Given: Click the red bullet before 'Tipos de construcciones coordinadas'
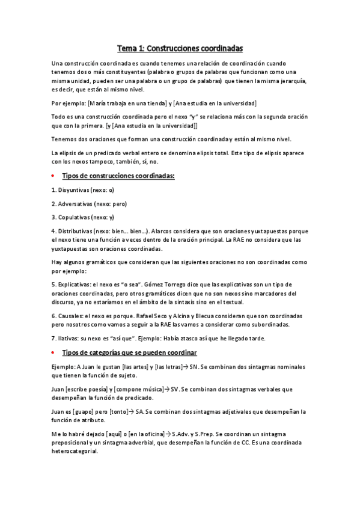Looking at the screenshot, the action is [53, 176].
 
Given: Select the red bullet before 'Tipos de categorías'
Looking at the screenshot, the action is [53, 352].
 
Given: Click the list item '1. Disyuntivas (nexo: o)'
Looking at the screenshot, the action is [83, 189].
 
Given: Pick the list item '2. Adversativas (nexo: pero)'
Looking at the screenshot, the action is [89, 203].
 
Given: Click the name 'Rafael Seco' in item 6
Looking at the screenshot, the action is [155, 316].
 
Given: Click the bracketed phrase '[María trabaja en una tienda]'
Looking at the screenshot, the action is [121, 103].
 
